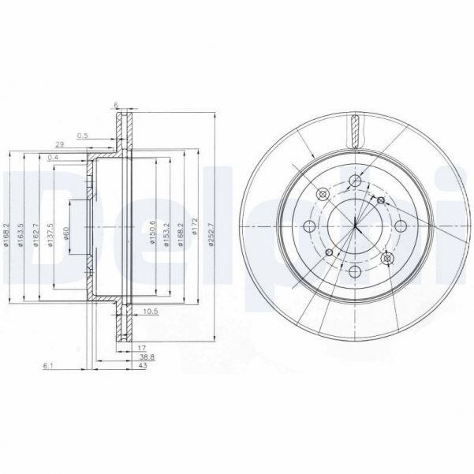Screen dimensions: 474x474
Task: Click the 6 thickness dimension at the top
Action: [x=116, y=105]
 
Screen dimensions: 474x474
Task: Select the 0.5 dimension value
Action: [x=83, y=136]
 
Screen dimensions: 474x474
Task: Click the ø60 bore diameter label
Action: [x=67, y=233]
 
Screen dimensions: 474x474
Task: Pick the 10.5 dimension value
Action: [x=151, y=310]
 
